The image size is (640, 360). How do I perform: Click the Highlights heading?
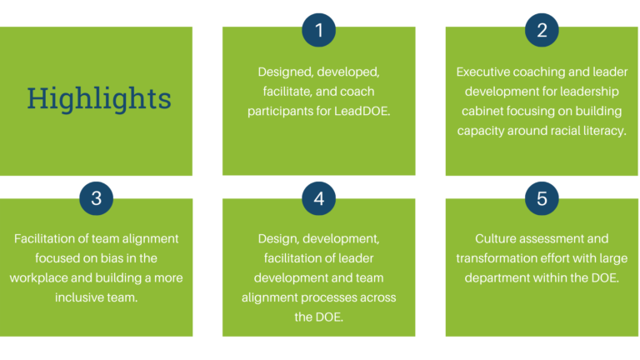pyautogui.click(x=99, y=99)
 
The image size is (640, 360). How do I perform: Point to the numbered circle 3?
pyautogui.click(x=97, y=198)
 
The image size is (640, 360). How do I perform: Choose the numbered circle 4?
pyautogui.click(x=319, y=198)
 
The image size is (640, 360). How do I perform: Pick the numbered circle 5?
pyautogui.click(x=542, y=198)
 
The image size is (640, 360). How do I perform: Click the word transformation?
pyautogui.click(x=499, y=258)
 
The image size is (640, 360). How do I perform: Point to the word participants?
pyautogui.click(x=284, y=111)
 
